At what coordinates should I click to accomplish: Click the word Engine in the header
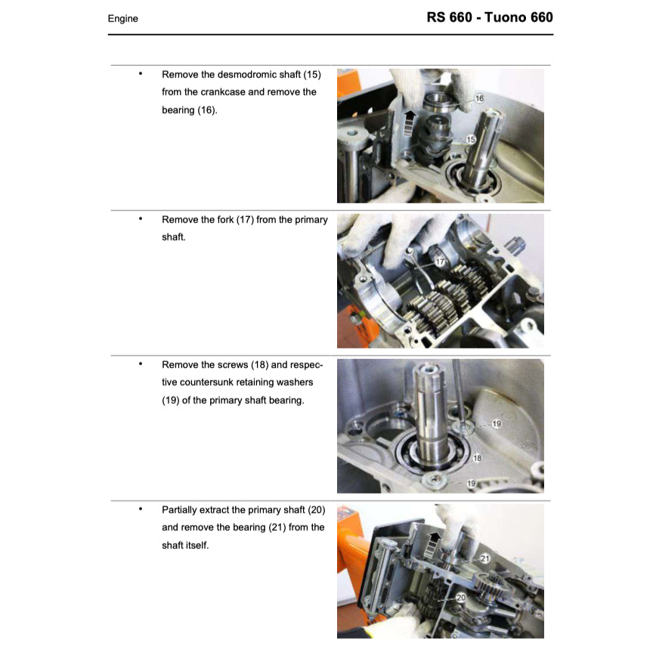pos(123,19)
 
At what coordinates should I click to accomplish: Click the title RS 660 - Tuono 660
pos(490,17)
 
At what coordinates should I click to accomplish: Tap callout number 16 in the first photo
pos(479,98)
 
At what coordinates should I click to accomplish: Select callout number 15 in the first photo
pos(471,140)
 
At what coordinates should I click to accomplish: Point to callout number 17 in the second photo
pos(440,262)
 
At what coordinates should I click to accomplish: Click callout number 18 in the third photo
pos(477,458)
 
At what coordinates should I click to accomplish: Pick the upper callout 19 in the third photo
pos(497,424)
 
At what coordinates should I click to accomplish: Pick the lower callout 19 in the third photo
pos(472,484)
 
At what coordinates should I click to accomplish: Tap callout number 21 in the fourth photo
pos(485,559)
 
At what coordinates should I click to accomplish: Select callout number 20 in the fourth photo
pos(461,598)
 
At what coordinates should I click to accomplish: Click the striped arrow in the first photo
pos(410,122)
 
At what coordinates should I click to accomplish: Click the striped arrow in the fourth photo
pos(434,545)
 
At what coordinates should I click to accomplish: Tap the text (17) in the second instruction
pos(245,219)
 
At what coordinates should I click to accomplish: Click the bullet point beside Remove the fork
pos(141,218)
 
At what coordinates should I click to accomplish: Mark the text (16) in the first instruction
pos(207,110)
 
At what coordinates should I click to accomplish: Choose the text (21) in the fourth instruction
pos(277,528)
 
